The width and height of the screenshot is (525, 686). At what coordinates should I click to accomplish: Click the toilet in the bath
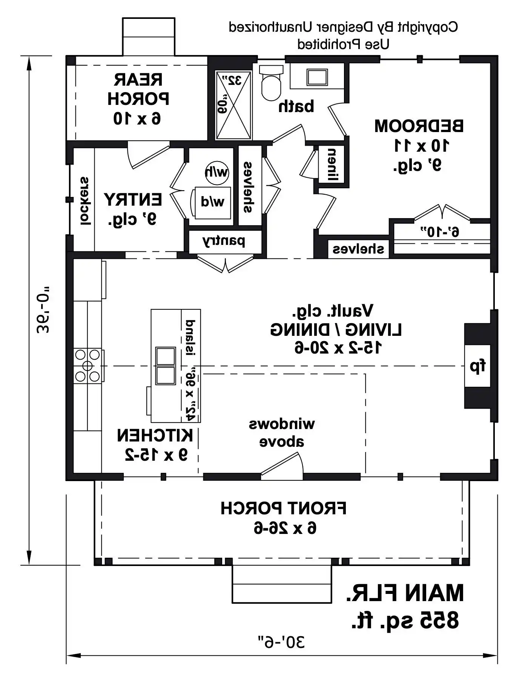(271, 83)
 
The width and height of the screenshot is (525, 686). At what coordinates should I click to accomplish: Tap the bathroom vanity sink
(317, 77)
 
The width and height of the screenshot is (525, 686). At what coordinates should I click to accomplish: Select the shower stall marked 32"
(233, 105)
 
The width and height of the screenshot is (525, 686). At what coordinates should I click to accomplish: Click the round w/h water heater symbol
(217, 172)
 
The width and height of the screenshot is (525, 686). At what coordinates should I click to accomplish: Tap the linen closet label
(332, 164)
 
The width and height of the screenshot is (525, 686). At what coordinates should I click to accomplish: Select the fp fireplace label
(477, 366)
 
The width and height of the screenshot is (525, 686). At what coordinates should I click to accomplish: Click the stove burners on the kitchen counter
(87, 366)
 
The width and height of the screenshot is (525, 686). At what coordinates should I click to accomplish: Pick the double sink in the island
(165, 366)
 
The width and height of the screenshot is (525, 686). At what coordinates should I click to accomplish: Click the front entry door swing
(282, 466)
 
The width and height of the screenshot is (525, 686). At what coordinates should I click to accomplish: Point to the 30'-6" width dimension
(281, 642)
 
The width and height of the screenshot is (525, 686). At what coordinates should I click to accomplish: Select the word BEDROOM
(419, 126)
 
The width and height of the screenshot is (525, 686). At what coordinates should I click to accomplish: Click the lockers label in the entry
(86, 201)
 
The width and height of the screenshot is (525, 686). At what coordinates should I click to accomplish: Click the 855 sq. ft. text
(405, 621)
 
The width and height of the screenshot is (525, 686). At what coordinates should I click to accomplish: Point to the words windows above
(282, 433)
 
